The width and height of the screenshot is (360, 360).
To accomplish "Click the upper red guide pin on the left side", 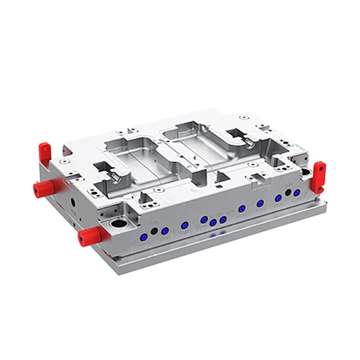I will click(43, 188).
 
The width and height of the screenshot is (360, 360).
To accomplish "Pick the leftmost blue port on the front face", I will click(143, 238).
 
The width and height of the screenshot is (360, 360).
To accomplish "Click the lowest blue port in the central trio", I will click(213, 224).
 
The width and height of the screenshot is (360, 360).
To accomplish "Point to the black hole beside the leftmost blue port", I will click(154, 232).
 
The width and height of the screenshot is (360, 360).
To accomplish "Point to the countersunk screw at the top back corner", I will click(243, 118).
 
